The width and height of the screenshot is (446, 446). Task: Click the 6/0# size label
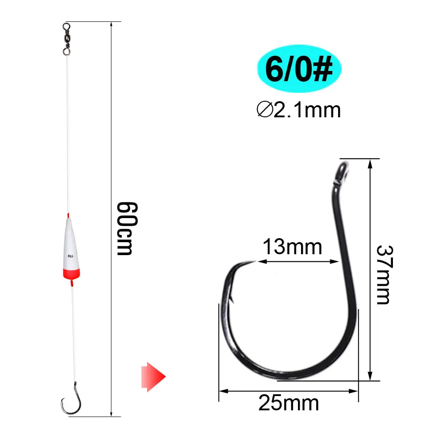(299, 69)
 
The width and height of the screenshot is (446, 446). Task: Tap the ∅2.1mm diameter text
(299, 110)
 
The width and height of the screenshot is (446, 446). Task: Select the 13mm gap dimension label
(292, 247)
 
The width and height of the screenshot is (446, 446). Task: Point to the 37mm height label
(384, 275)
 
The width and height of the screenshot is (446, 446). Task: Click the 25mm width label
(289, 403)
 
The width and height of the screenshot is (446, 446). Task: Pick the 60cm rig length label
(127, 228)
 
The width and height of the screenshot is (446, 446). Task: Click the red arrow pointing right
(153, 377)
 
